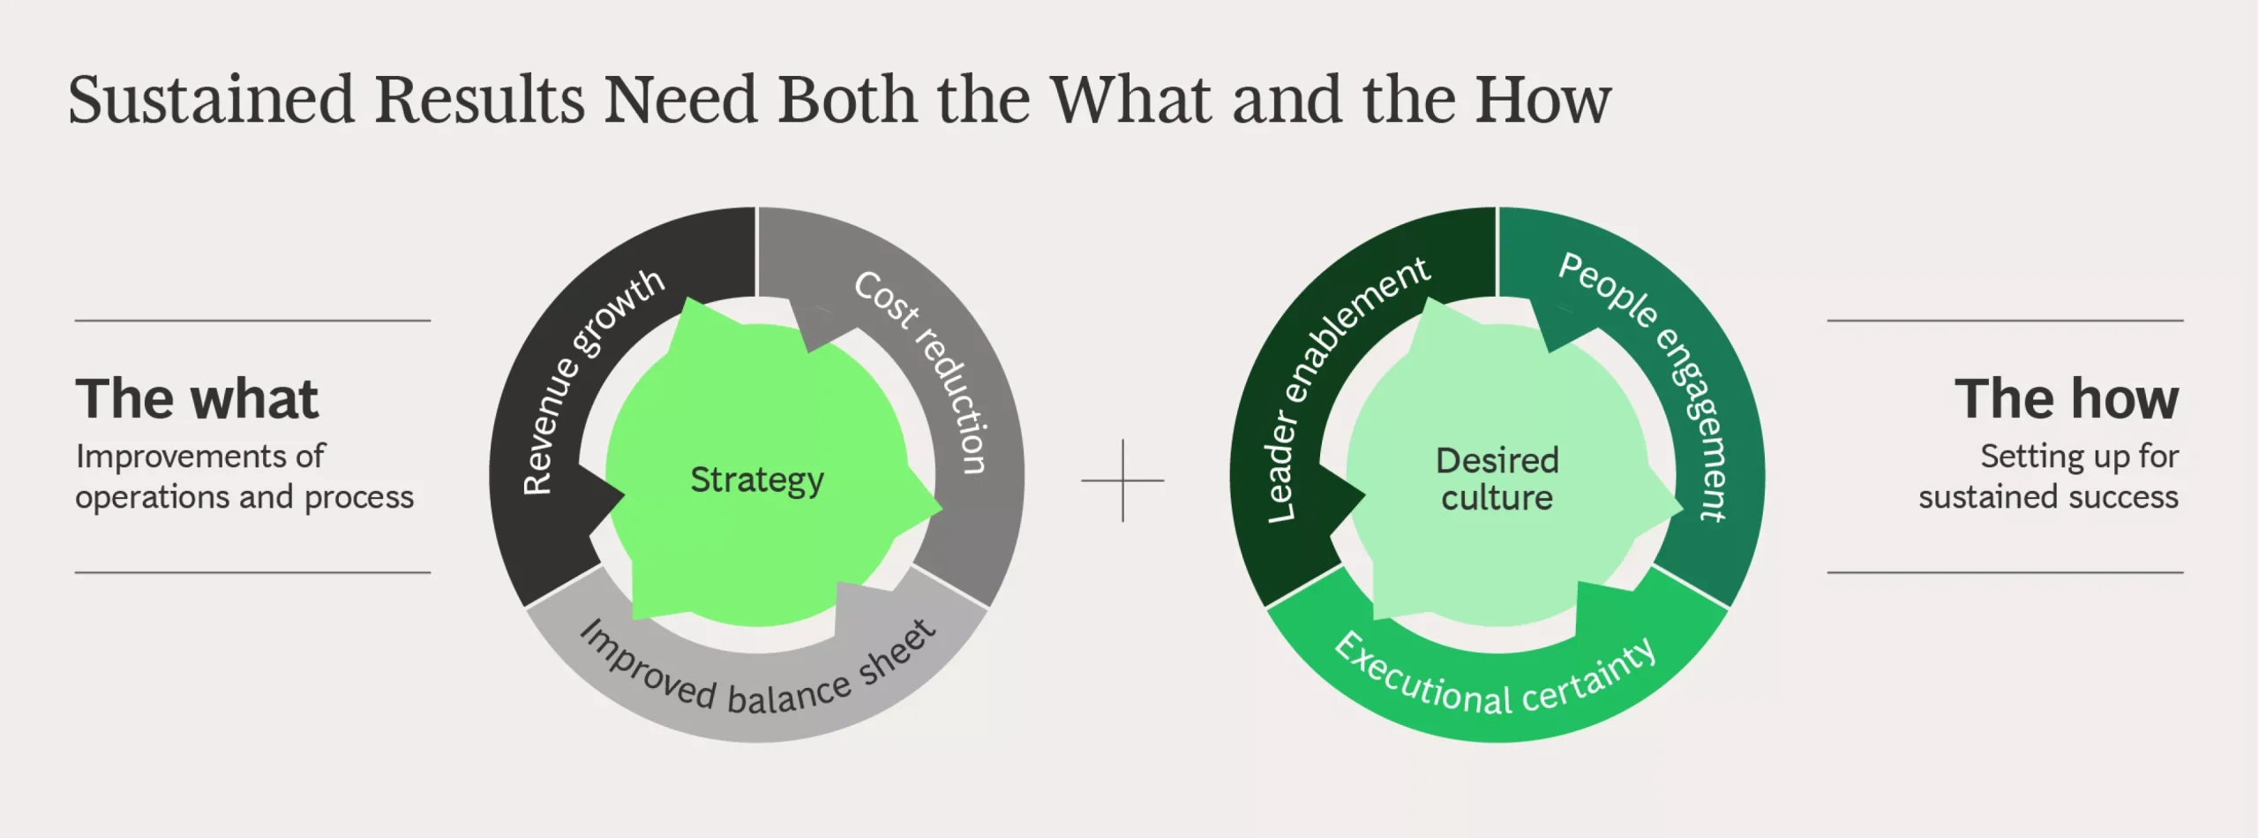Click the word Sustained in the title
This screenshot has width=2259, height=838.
(212, 99)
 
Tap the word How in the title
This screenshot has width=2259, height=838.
(1543, 99)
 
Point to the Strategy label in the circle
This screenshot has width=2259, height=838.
(757, 480)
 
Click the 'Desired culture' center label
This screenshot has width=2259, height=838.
(1497, 479)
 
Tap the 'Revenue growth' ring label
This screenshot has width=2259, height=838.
(589, 380)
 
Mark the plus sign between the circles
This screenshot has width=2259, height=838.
(1122, 480)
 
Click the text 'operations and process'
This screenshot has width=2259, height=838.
(244, 498)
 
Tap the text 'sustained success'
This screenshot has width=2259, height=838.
(2049, 497)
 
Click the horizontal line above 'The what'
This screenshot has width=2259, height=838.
(252, 321)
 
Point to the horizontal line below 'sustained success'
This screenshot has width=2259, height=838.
(2005, 572)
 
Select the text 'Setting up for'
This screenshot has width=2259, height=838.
(2080, 457)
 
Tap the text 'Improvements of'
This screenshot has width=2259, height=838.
(200, 457)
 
